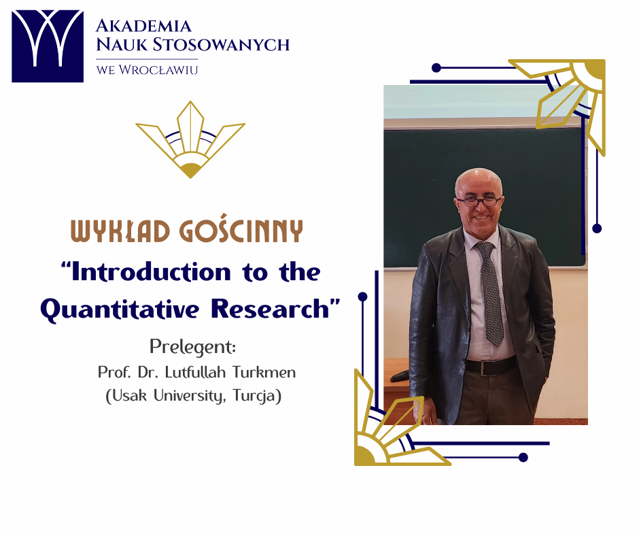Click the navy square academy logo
click(48, 46)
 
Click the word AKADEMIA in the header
click(143, 26)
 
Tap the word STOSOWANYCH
click(222, 44)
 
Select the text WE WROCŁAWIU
click(147, 70)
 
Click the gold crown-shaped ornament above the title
click(190, 139)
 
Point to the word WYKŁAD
click(120, 231)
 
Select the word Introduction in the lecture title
click(151, 272)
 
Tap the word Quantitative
click(120, 309)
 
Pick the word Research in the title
click(270, 309)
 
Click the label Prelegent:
click(193, 347)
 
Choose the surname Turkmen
click(264, 372)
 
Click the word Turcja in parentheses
click(255, 396)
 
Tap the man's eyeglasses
click(479, 201)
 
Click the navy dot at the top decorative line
click(436, 68)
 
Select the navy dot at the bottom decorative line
click(523, 457)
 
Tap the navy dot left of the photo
click(363, 297)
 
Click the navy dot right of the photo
click(597, 229)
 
